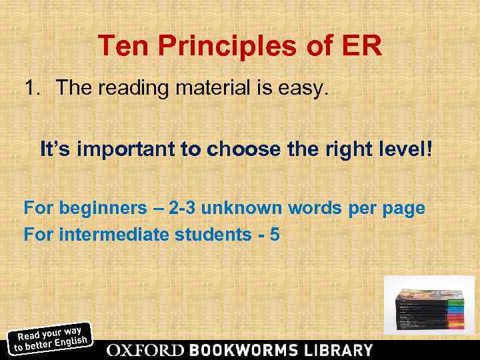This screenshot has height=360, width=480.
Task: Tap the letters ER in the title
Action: [363, 47]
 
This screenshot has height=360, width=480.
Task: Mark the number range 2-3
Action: [181, 209]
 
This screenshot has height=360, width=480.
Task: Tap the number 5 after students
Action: [274, 234]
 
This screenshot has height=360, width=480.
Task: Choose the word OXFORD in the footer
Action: [145, 350]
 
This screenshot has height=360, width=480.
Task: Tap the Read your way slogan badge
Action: [51, 337]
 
